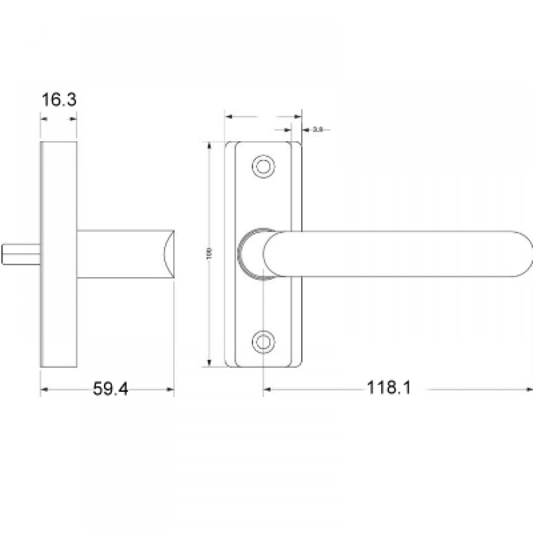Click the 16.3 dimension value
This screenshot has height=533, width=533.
pyautogui.click(x=59, y=100)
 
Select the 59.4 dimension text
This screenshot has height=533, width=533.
pyautogui.click(x=111, y=389)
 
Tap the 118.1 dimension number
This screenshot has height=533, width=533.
pyautogui.click(x=389, y=389)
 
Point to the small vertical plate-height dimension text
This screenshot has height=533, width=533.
pyautogui.click(x=209, y=254)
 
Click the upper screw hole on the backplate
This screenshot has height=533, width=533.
pyautogui.click(x=263, y=166)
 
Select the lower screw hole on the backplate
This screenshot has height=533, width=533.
pyautogui.click(x=263, y=340)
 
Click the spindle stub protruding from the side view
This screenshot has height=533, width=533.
pyautogui.click(x=21, y=254)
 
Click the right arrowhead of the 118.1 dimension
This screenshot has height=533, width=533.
pyautogui.click(x=528, y=390)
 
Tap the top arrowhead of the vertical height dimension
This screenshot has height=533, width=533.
pyautogui.click(x=208, y=145)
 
